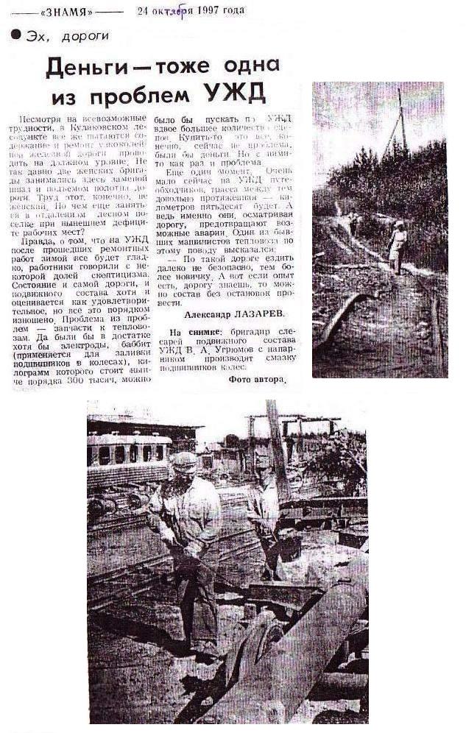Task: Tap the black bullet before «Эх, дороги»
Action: (x=15, y=34)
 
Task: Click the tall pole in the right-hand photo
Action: (x=401, y=121)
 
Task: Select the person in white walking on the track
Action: (x=398, y=246)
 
